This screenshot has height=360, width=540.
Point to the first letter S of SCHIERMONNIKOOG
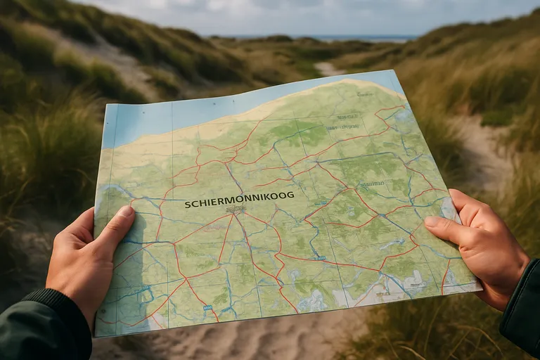pyautogui.click(x=188, y=205)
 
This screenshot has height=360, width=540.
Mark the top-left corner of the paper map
pyautogui.click(x=104, y=105)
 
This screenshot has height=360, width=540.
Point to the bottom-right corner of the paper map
pyautogui.click(x=481, y=287)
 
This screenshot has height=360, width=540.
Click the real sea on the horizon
pyautogui.click(x=352, y=38)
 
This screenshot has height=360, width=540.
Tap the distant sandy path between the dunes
pyautogui.click(x=328, y=69)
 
